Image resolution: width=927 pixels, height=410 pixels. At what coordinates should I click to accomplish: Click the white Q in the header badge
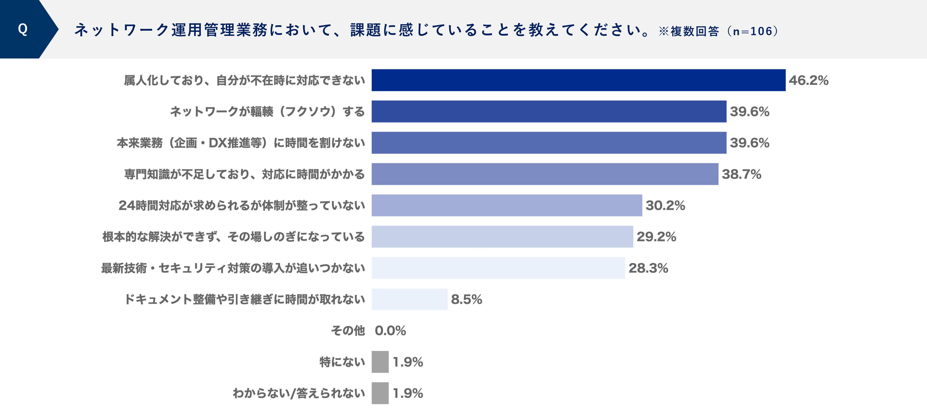[x=23, y=29]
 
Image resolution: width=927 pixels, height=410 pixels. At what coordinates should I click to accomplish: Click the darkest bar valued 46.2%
[x=578, y=80]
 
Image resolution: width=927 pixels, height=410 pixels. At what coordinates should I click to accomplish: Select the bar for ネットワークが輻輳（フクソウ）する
[x=549, y=112]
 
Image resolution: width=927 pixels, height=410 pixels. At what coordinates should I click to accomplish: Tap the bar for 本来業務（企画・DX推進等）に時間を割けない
[x=549, y=143]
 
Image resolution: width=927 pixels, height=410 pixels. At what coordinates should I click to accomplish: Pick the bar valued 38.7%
[x=545, y=174]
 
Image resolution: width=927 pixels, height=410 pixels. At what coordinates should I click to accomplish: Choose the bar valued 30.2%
[x=507, y=205]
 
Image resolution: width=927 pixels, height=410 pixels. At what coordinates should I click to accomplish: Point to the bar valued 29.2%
[x=502, y=237]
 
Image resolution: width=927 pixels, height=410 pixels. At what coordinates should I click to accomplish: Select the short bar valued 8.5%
[x=409, y=299]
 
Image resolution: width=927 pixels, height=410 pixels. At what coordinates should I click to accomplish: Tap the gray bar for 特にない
[x=380, y=362]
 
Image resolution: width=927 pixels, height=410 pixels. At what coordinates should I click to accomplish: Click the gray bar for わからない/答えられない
[x=380, y=393]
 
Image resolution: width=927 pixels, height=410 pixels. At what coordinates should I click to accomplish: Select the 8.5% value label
[x=466, y=299]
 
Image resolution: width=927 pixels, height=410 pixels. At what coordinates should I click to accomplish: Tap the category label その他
[x=348, y=331]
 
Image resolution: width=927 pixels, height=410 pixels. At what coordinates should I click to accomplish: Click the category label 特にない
[x=342, y=362]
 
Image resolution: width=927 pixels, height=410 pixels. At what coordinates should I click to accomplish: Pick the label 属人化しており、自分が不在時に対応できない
[x=244, y=80]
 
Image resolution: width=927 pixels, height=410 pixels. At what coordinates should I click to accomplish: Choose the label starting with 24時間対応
[x=242, y=205]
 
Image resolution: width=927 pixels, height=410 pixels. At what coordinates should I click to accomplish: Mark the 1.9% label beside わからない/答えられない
[x=408, y=393]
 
